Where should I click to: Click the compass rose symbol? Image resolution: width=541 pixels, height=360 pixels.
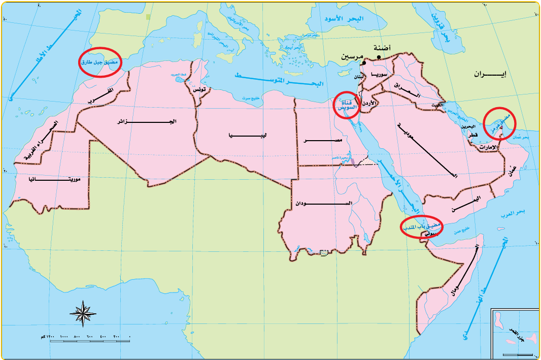click(x=83, y=313)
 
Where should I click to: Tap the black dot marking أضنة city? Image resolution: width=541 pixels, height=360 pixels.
click(x=378, y=57)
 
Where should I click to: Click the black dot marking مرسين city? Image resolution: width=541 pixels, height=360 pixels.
click(x=364, y=63)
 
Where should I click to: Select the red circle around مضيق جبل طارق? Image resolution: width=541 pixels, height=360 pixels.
click(x=100, y=62)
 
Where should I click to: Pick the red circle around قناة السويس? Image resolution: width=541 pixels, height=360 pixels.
click(x=347, y=105)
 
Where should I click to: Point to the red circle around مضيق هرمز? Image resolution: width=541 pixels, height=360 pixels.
click(x=499, y=123)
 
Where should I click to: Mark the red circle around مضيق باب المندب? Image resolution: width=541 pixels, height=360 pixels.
click(x=421, y=227)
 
